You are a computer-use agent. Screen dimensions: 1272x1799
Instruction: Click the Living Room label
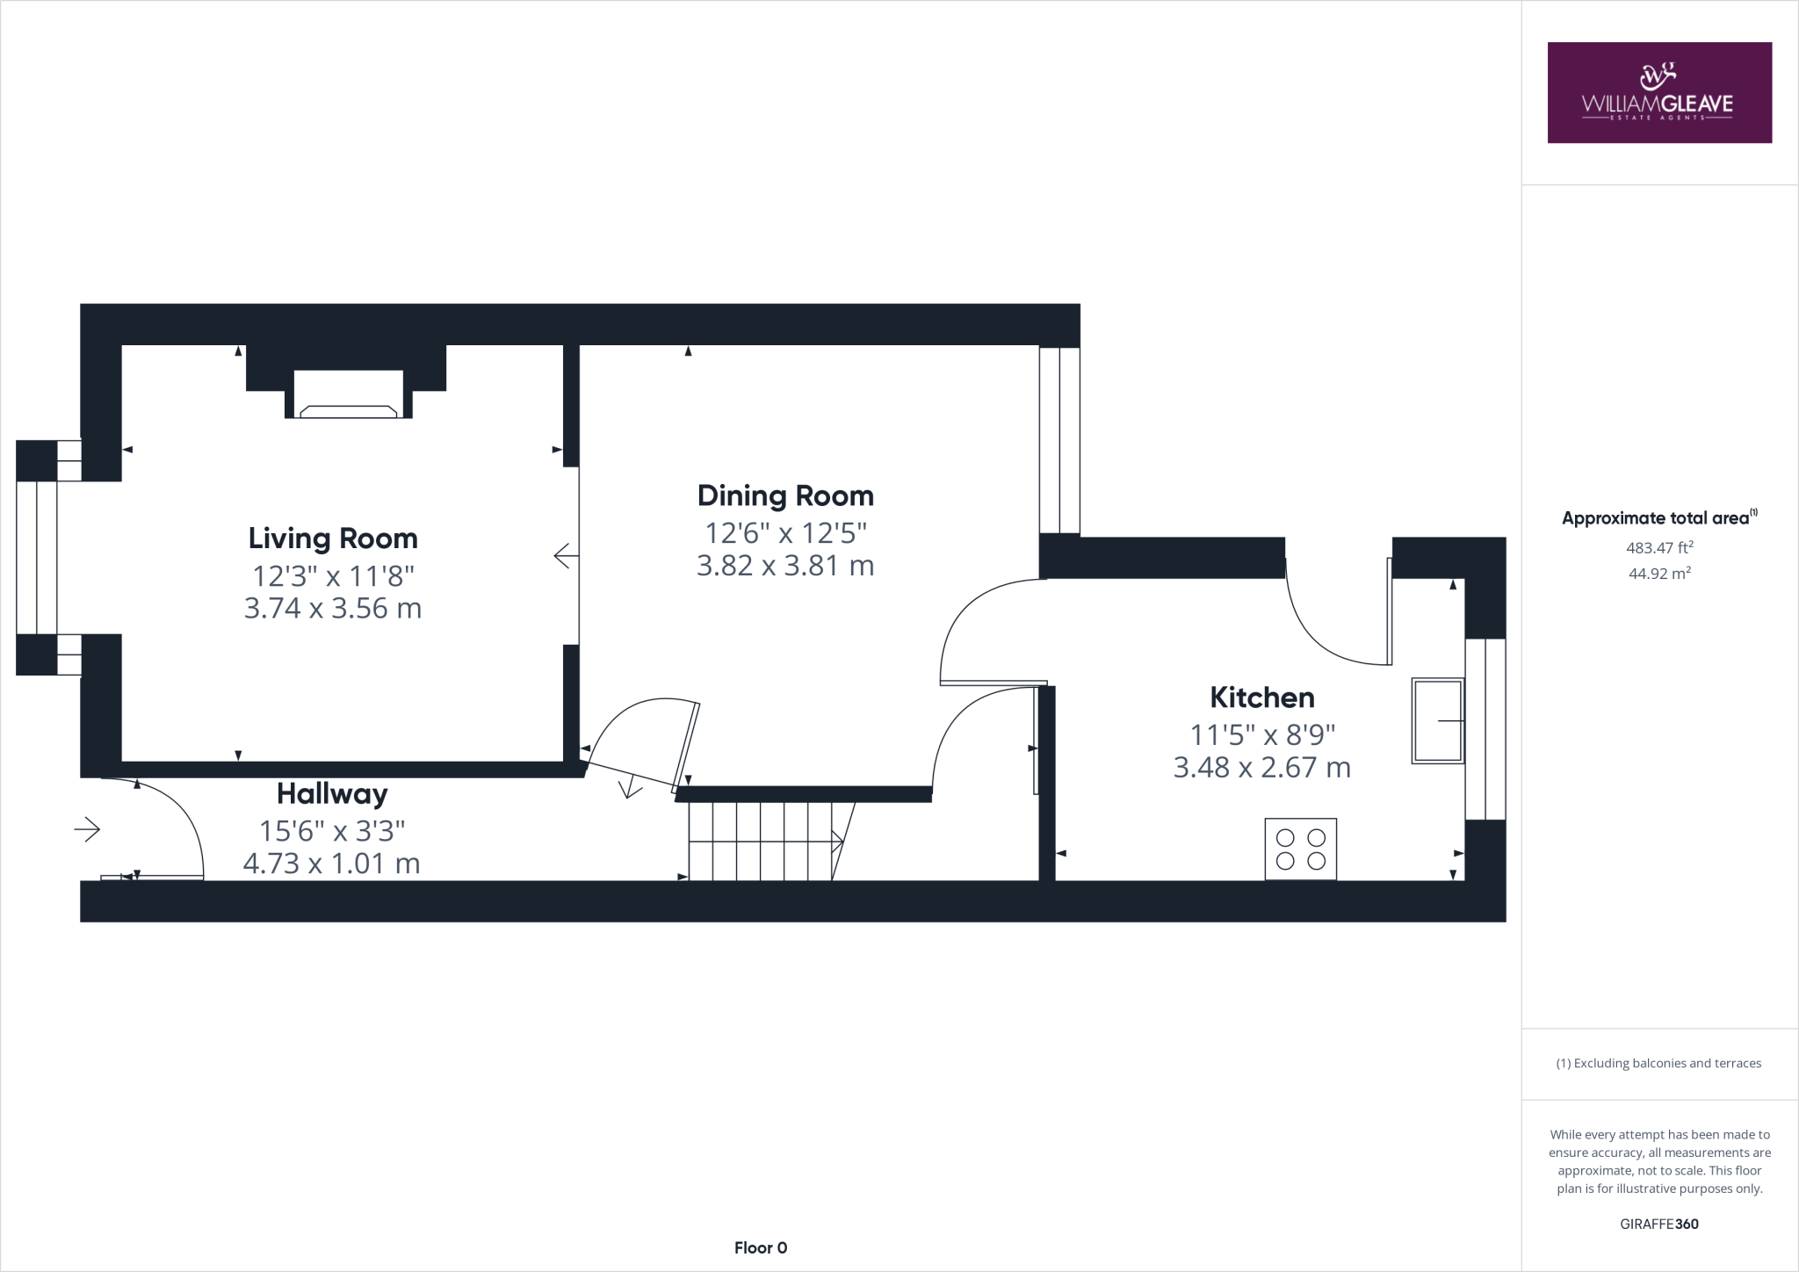point(332,538)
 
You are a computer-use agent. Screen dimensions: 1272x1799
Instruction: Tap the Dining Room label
point(785,496)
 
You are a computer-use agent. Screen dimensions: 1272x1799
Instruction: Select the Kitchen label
point(1262,697)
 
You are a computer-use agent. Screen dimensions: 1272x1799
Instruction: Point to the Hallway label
point(332,794)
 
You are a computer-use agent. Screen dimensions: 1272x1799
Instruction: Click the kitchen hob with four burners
point(1300,849)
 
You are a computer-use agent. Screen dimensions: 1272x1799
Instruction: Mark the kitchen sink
point(1437,720)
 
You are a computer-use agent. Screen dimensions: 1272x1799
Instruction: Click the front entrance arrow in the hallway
point(87,829)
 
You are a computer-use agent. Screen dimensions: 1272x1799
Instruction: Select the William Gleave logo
point(1658,92)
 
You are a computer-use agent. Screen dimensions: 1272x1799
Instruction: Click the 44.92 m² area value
point(1659,574)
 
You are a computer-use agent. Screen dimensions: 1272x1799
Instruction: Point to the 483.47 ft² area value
point(1659,548)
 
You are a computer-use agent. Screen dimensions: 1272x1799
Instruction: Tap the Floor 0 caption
point(761,1247)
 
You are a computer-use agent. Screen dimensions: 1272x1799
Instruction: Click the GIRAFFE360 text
point(1659,1224)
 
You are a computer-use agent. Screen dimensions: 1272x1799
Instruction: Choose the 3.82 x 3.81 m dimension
point(785,566)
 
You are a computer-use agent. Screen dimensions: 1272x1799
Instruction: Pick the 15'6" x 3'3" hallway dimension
point(332,830)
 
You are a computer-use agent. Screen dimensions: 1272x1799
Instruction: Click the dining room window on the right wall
point(1059,440)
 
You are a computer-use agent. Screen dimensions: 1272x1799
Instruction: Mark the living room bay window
point(37,558)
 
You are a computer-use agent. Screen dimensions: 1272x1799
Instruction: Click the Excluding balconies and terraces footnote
point(1659,1063)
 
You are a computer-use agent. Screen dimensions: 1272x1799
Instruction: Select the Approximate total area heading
point(1657,518)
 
